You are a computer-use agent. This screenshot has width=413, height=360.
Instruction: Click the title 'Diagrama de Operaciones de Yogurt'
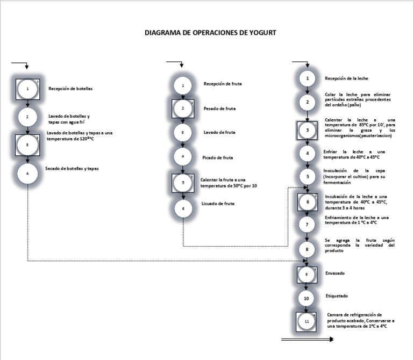click(x=211, y=32)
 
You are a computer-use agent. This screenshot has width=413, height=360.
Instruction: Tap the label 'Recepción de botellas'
click(x=70, y=89)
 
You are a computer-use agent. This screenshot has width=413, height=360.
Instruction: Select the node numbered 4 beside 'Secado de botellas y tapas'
click(x=27, y=174)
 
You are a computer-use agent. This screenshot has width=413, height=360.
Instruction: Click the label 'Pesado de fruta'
click(x=219, y=109)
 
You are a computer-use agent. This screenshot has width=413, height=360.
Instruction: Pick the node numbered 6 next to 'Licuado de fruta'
click(x=183, y=208)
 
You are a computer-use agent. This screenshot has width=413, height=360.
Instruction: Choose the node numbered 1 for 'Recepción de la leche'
click(x=307, y=79)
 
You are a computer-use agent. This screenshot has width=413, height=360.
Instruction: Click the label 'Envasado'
click(x=335, y=273)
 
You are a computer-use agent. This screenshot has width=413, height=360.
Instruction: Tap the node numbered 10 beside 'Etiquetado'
click(x=307, y=298)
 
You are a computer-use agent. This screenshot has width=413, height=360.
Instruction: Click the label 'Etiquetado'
click(x=337, y=296)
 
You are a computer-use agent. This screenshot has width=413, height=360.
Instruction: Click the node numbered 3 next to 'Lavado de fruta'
click(x=183, y=132)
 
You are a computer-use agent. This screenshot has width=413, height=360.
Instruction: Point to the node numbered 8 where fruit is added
click(x=307, y=249)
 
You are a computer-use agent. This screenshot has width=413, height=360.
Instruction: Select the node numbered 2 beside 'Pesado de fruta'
click(x=183, y=109)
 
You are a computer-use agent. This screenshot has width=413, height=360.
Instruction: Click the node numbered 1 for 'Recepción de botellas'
click(x=27, y=88)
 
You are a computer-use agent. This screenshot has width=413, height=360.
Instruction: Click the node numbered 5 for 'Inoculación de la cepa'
click(x=307, y=176)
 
